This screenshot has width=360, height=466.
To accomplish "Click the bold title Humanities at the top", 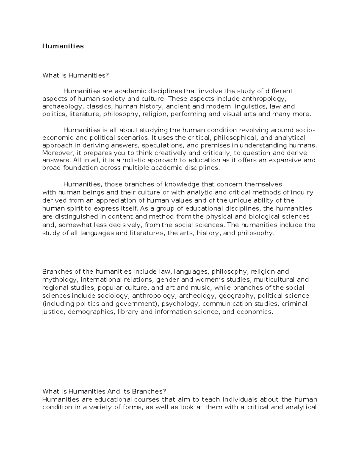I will click(63, 46).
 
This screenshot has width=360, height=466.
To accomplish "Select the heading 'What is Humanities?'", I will click(75, 75).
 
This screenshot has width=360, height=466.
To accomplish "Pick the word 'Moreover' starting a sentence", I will click(56, 153).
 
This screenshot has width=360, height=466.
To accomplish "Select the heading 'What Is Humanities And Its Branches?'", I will click(104, 391).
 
